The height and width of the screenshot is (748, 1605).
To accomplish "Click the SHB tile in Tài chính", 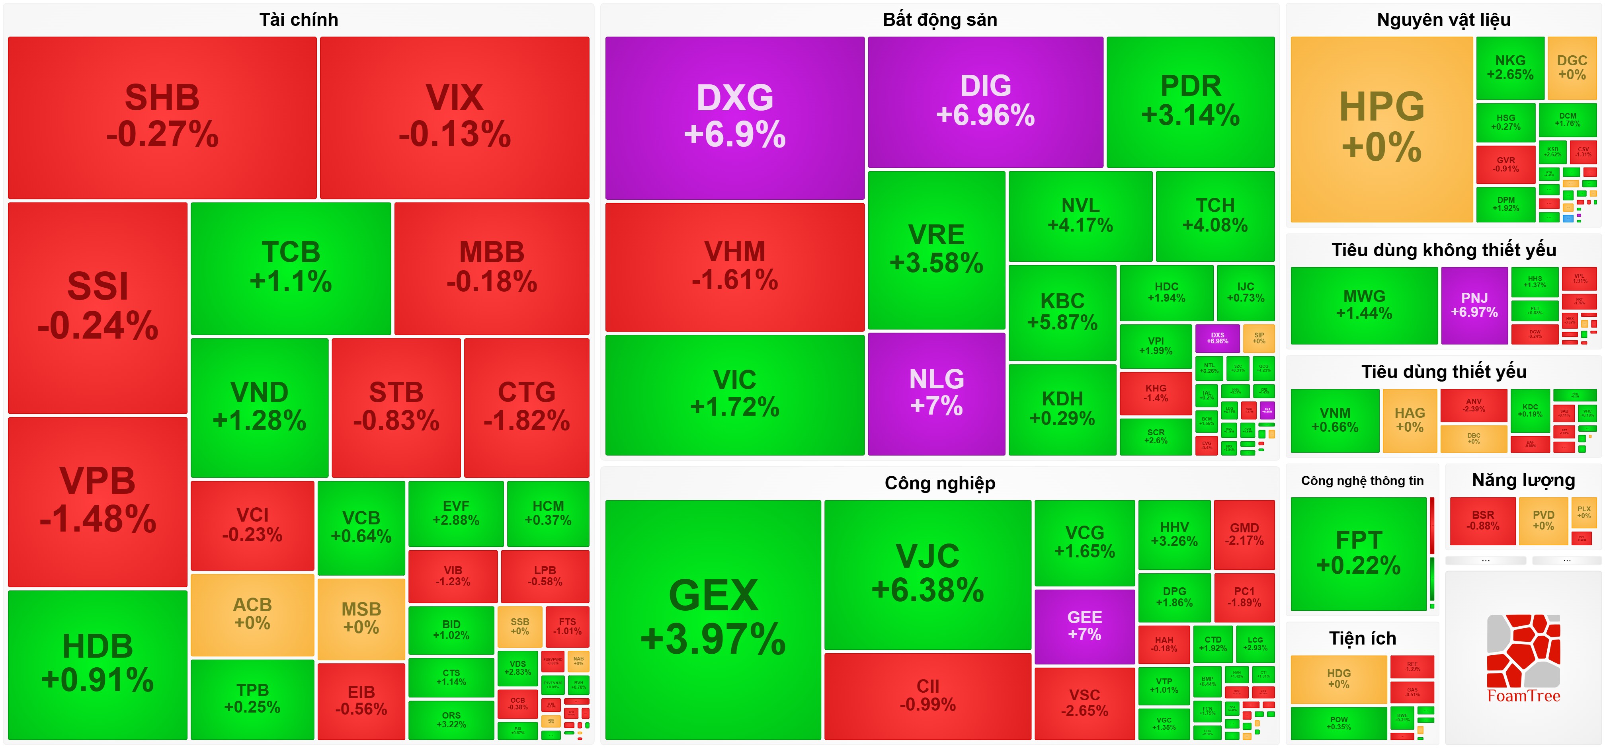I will click(x=162, y=117).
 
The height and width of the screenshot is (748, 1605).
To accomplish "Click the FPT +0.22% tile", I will click(x=1358, y=553).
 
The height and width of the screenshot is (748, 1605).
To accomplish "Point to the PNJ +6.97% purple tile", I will click(x=1474, y=305).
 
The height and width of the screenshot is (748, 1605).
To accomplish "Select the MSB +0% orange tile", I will click(x=361, y=618).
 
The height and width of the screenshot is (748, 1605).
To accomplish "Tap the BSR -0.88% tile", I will click(x=1482, y=521).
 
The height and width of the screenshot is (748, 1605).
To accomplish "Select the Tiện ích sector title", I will click(x=1362, y=638).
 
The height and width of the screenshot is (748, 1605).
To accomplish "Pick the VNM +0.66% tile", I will click(x=1335, y=421).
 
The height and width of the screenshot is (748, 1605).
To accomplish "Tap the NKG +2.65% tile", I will click(x=1510, y=67).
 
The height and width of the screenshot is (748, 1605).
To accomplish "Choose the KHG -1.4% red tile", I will click(x=1155, y=393).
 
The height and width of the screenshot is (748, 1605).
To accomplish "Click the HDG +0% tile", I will click(x=1338, y=678).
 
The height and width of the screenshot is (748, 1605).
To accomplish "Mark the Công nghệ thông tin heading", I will click(x=1362, y=481).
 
